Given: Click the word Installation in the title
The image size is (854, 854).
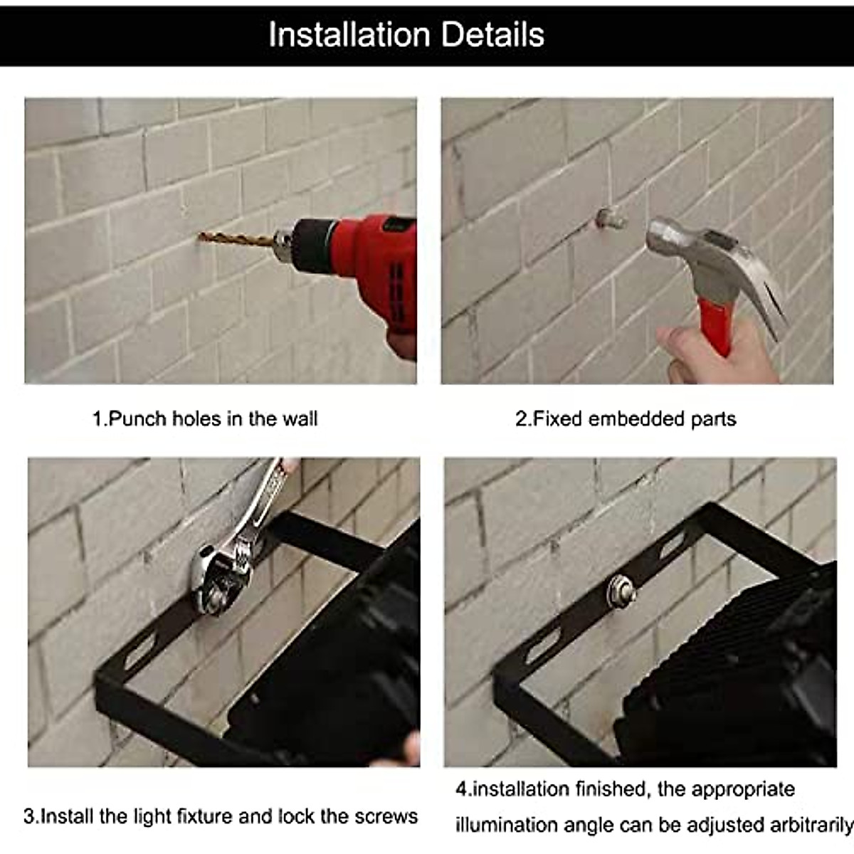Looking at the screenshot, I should tap(348, 34).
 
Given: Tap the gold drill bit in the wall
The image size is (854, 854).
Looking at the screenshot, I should tap(228, 238).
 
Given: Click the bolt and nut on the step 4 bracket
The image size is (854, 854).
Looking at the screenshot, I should tap(619, 590).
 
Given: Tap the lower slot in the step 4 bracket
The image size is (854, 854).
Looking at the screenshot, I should tap(541, 649).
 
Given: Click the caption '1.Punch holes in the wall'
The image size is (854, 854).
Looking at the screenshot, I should tap(205, 418).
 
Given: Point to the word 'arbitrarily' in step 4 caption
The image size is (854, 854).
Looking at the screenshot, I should tap(811, 826).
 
